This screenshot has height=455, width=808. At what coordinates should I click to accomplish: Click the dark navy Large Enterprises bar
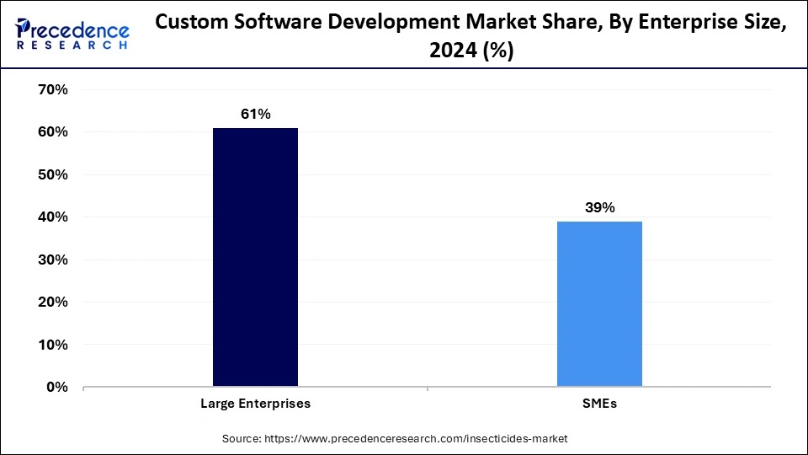tap(255, 257)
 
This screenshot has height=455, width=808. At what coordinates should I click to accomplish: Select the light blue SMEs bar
tap(599, 303)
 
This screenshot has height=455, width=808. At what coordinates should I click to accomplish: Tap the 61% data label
tap(255, 114)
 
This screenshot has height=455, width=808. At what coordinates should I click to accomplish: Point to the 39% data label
tap(599, 207)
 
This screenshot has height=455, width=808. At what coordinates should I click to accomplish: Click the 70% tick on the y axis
tap(52, 89)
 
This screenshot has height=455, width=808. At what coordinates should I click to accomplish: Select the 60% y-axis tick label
tap(52, 132)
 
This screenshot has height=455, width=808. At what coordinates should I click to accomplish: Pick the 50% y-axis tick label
tap(52, 174)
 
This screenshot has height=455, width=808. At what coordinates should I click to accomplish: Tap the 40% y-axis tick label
tap(52, 217)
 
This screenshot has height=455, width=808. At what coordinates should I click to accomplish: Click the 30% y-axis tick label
tap(52, 260)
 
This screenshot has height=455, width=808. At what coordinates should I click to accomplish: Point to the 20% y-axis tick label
tap(52, 302)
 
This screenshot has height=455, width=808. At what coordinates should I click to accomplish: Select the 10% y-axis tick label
tap(52, 345)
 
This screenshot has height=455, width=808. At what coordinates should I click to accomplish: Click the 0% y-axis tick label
tap(56, 388)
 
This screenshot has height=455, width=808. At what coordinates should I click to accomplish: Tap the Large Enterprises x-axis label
tap(255, 404)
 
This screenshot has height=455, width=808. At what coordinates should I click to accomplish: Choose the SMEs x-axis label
tap(599, 404)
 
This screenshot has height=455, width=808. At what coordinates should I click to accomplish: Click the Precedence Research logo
tap(72, 34)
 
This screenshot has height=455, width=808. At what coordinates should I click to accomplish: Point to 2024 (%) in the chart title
tap(471, 51)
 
